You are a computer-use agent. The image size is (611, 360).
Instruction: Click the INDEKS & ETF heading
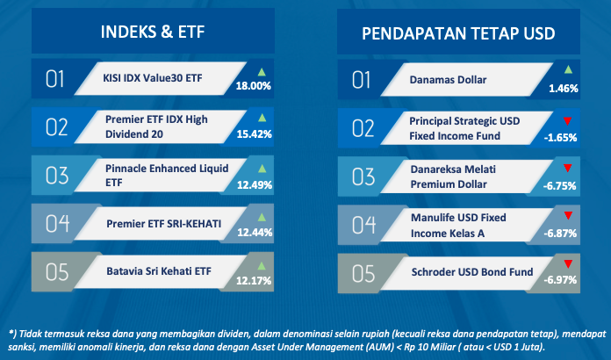tap(153, 32)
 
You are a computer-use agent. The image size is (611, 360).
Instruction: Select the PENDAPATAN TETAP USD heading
tap(458, 33)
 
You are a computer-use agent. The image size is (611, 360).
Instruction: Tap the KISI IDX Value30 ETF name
tap(153, 78)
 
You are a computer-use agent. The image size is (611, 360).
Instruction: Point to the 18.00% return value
tap(254, 86)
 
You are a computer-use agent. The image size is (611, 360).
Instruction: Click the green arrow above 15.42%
tap(262, 118)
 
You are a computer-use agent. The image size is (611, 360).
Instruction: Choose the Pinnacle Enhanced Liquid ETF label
tap(167, 176)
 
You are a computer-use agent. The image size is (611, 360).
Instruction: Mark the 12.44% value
tap(255, 233)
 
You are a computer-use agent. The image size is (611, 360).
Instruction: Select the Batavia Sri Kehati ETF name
tap(159, 271)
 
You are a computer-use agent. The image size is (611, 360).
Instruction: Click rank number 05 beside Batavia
tap(57, 272)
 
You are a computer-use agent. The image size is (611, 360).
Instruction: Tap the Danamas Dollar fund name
tap(448, 80)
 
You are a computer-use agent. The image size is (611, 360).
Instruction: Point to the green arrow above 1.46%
tap(568, 69)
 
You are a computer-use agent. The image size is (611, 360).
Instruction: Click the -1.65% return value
tap(560, 138)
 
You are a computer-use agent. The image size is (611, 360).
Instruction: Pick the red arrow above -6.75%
tap(567, 169)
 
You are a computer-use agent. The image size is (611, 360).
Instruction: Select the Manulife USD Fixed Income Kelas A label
tap(458, 225)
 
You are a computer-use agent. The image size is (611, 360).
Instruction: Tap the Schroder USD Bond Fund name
tap(472, 272)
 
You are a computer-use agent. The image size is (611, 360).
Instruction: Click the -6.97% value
tap(560, 280)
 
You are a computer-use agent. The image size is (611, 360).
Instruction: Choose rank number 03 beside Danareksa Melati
tap(363, 176)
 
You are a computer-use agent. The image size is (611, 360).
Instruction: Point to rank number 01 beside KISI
tap(55, 79)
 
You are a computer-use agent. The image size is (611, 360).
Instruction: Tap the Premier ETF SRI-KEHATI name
tap(163, 224)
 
